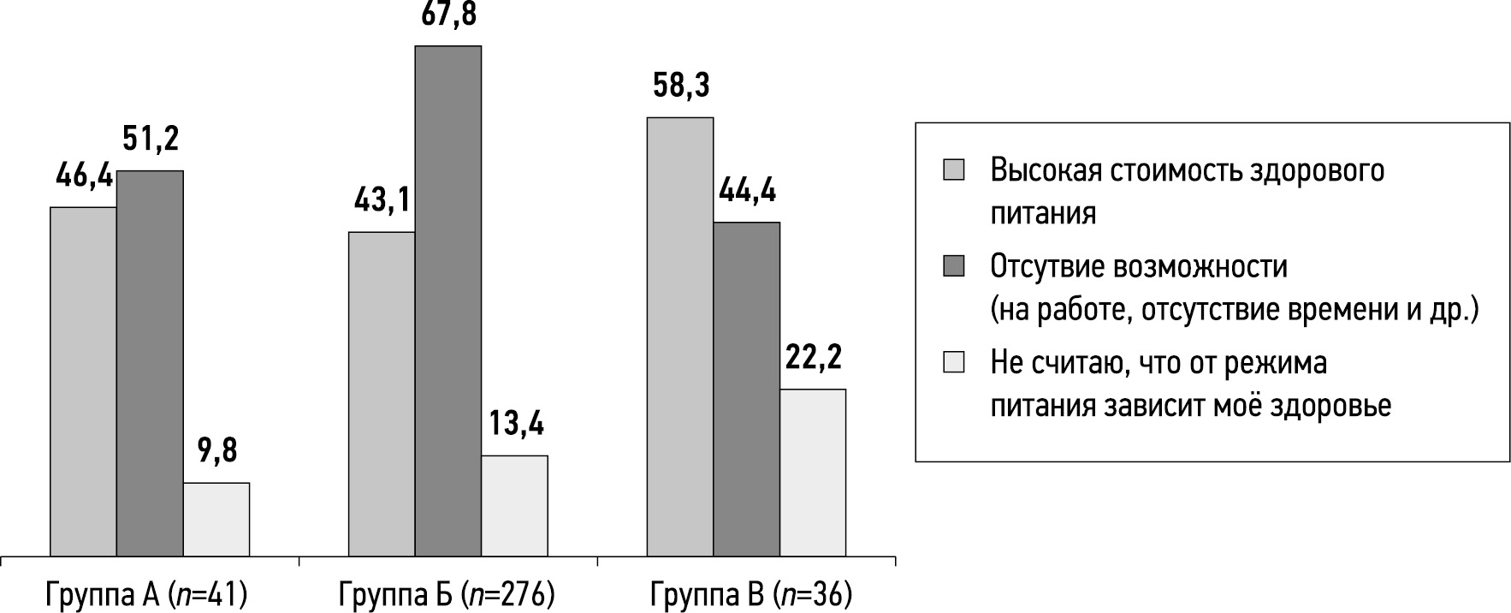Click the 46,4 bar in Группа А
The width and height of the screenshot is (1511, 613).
[x=83, y=381]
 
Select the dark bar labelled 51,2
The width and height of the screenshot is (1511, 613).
[x=150, y=363]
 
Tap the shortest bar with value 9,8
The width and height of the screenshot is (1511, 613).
[x=216, y=519]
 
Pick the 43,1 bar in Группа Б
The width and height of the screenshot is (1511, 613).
[x=382, y=394]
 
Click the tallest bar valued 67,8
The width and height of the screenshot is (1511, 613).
[x=448, y=301]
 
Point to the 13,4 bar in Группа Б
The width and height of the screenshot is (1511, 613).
[x=515, y=505]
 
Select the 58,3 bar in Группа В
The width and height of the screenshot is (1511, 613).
[x=680, y=336]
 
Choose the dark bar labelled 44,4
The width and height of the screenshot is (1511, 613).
[x=747, y=389]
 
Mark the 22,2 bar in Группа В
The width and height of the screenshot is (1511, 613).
[x=814, y=472]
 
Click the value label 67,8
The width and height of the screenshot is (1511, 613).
[x=448, y=15]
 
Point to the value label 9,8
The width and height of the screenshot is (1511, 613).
[x=217, y=451]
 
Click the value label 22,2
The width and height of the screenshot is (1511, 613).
[x=814, y=358]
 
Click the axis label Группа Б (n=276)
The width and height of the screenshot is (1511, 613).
[x=447, y=593]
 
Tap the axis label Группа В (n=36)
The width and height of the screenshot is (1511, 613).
[x=751, y=593]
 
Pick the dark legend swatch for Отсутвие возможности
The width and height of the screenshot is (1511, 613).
[x=953, y=266]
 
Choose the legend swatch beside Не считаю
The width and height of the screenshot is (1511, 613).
[x=953, y=363]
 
